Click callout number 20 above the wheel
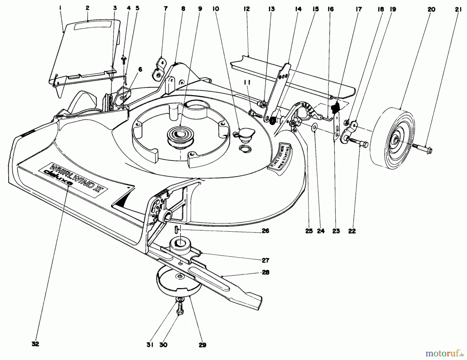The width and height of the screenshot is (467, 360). pyautogui.click(x=431, y=10)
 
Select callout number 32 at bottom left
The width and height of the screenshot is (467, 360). pyautogui.click(x=35, y=344)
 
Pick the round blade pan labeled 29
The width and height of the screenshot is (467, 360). pyautogui.click(x=179, y=286)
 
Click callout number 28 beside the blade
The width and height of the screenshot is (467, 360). pyautogui.click(x=266, y=273)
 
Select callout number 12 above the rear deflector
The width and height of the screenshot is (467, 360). pyautogui.click(x=246, y=9)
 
